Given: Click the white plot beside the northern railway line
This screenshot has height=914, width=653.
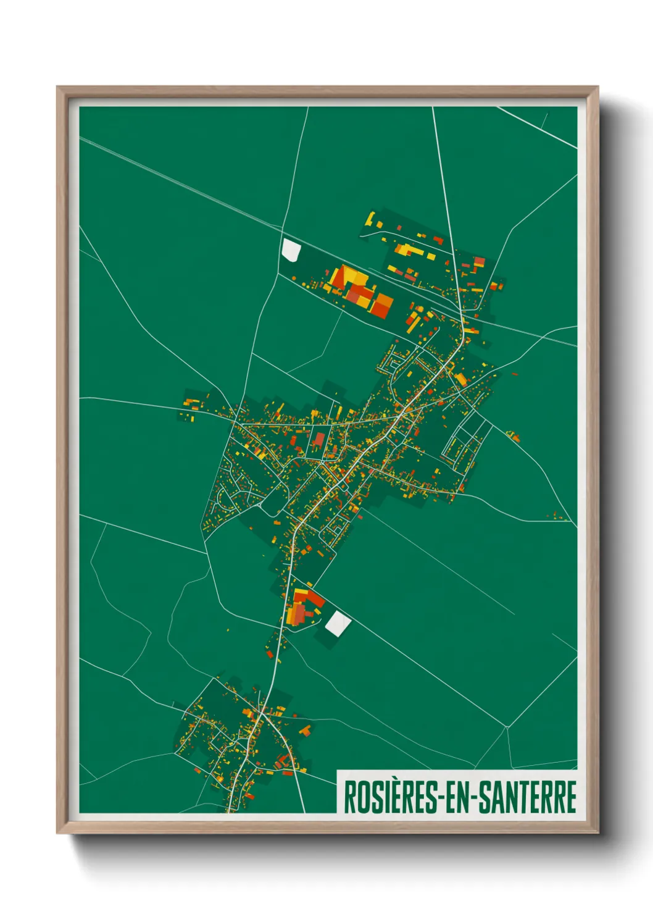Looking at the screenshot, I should tap(290, 249).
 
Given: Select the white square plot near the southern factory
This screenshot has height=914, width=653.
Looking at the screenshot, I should tap(338, 624).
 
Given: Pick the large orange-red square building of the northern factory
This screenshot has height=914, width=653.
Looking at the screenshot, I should tap(381, 304).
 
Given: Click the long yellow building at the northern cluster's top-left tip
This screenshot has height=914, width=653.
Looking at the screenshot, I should tap(370, 219).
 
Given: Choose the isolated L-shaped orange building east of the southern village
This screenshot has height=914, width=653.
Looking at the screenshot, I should tap(305, 731).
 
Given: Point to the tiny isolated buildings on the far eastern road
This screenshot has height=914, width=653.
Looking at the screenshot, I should tap(559, 516).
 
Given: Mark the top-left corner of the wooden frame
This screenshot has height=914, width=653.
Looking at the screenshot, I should tap(57, 88).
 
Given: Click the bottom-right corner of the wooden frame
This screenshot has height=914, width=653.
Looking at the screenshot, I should tap(597, 832).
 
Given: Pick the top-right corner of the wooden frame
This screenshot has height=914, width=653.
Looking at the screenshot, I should tap(597, 88).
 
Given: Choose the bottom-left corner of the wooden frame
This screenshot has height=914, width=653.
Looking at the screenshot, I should tap(57, 832).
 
